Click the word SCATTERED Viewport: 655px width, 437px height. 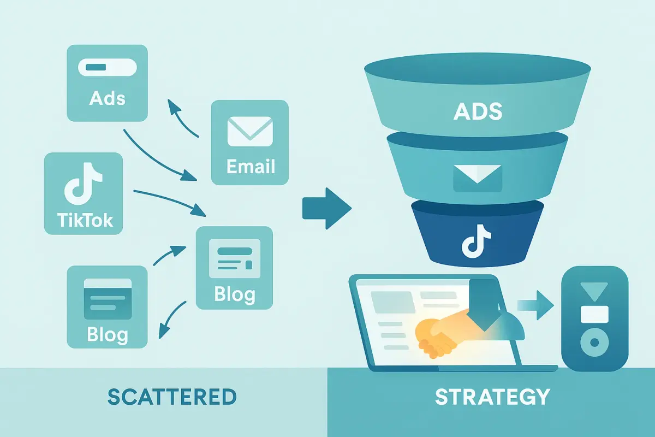(x=172, y=397)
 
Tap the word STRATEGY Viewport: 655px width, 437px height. (x=492, y=397)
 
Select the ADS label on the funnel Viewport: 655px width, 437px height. (x=478, y=112)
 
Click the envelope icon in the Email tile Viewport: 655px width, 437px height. (x=249, y=133)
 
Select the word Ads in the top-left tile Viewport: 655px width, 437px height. (x=107, y=99)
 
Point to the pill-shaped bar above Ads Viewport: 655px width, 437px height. (x=107, y=69)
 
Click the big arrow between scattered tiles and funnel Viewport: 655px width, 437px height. (x=327, y=209)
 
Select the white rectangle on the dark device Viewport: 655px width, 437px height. (x=594, y=314)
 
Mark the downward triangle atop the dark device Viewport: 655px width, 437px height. (x=594, y=289)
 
